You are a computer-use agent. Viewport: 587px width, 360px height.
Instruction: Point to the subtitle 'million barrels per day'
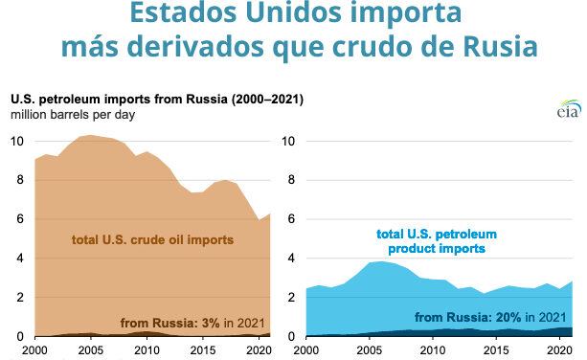73,115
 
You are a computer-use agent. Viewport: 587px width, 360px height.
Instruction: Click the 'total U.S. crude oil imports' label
153,238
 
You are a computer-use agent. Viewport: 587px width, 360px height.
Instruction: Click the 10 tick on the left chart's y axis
16,141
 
